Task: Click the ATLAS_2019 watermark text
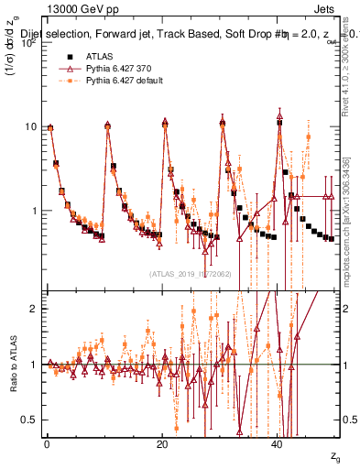191,274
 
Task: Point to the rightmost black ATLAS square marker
331,238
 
